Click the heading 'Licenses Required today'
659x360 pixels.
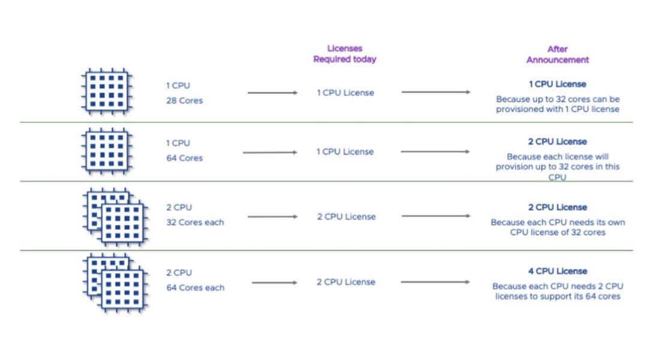[x=345, y=54]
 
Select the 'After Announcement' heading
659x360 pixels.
[x=558, y=54]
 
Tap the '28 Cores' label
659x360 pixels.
[x=184, y=101]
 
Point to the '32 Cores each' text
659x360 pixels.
[x=195, y=223]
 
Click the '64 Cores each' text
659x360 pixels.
[x=195, y=288]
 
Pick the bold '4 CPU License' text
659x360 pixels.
[x=558, y=271]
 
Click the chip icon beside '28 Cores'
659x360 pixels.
[x=106, y=91]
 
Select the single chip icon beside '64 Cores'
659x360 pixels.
[x=106, y=151]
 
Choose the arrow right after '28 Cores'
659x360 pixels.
[x=272, y=93]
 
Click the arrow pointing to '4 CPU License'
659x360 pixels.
[x=435, y=282]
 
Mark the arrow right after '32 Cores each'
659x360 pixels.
[x=272, y=217]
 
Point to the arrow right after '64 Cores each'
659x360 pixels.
[x=274, y=283]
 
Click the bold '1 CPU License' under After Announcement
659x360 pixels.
[x=558, y=85]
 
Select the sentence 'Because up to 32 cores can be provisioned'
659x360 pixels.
[x=558, y=104]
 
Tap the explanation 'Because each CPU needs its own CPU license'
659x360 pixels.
[x=558, y=227]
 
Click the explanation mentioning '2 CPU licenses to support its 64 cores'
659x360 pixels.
[x=558, y=292]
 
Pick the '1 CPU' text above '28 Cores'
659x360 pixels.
[x=178, y=86]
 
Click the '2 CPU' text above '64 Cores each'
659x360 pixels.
[x=179, y=273]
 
